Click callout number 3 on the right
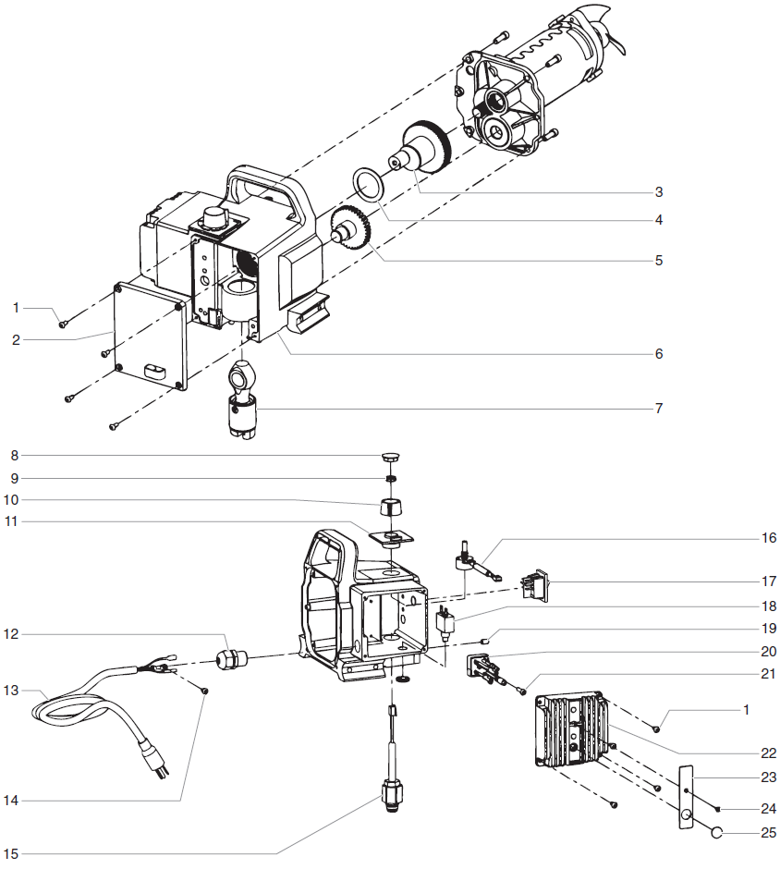click(658, 192)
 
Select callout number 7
click(658, 408)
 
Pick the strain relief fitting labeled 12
click(227, 660)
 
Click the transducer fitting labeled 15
click(391, 794)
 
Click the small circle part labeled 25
click(715, 833)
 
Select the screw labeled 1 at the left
click(64, 324)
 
